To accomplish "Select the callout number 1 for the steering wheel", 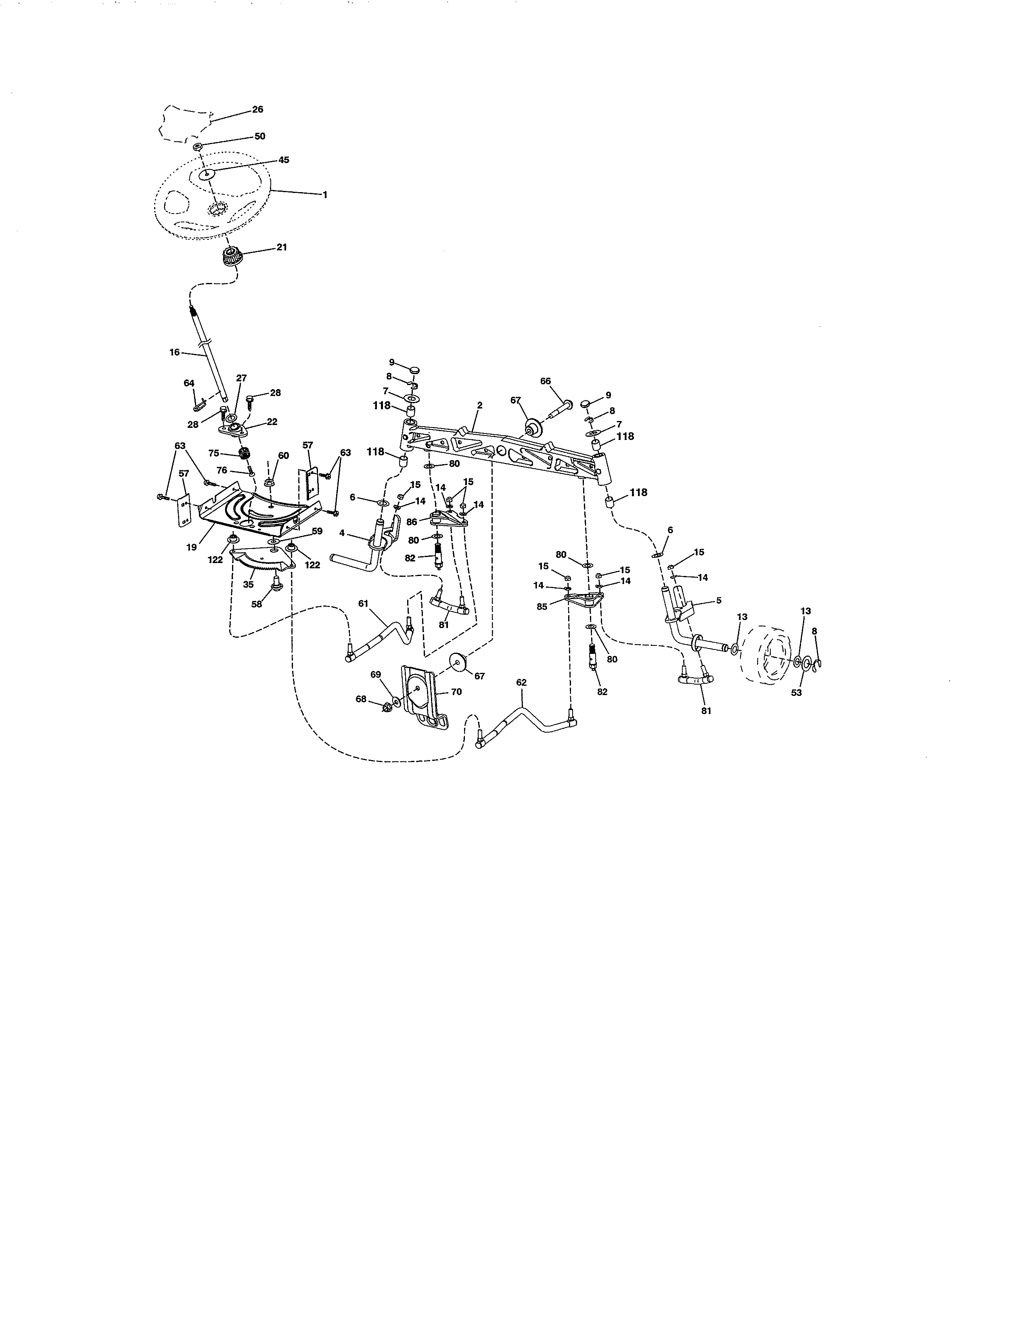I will tap(325, 195).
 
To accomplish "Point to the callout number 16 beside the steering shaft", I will tap(174, 352).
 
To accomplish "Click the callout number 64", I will tap(189, 383).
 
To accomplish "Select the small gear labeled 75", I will tap(246, 454).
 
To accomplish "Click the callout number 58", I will tap(257, 604).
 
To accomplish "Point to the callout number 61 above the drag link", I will tap(363, 603).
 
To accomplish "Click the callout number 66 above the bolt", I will tap(546, 381).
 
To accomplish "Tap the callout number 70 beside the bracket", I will tap(456, 691).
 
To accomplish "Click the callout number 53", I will tap(796, 693).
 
